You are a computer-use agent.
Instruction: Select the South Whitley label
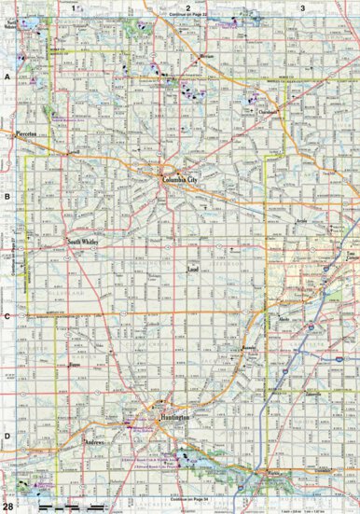[82, 241]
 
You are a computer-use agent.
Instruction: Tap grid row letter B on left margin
[7, 197]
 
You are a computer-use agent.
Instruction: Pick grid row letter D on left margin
[7, 435]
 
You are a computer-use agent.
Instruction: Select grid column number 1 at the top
[73, 7]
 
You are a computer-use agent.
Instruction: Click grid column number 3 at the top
[302, 7]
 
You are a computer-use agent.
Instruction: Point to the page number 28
[8, 505]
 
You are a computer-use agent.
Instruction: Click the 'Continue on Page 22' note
[187, 16]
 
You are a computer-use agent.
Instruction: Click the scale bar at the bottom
[79, 505]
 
